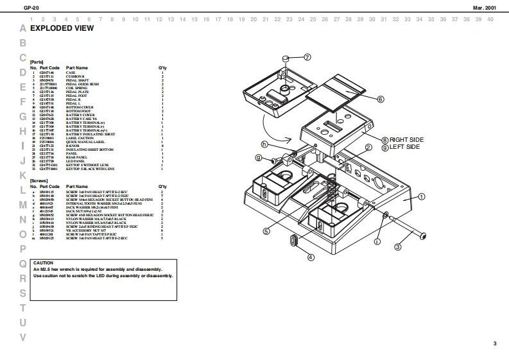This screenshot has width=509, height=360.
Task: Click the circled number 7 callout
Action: click(307, 57)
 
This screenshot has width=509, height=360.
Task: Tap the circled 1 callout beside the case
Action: click(422, 197)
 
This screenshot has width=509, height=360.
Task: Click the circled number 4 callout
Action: click(311, 257)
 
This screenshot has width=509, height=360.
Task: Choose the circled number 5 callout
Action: click(266, 231)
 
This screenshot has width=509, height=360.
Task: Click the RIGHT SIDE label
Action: click(406, 139)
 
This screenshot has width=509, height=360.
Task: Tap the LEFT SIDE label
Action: click(404, 147)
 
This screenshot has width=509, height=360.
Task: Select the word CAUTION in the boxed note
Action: click(43, 263)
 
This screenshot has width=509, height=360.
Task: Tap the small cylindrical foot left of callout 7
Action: click(284, 60)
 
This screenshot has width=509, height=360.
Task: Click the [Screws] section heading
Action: click(39, 180)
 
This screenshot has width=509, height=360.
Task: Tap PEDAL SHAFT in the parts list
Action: click(76, 80)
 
